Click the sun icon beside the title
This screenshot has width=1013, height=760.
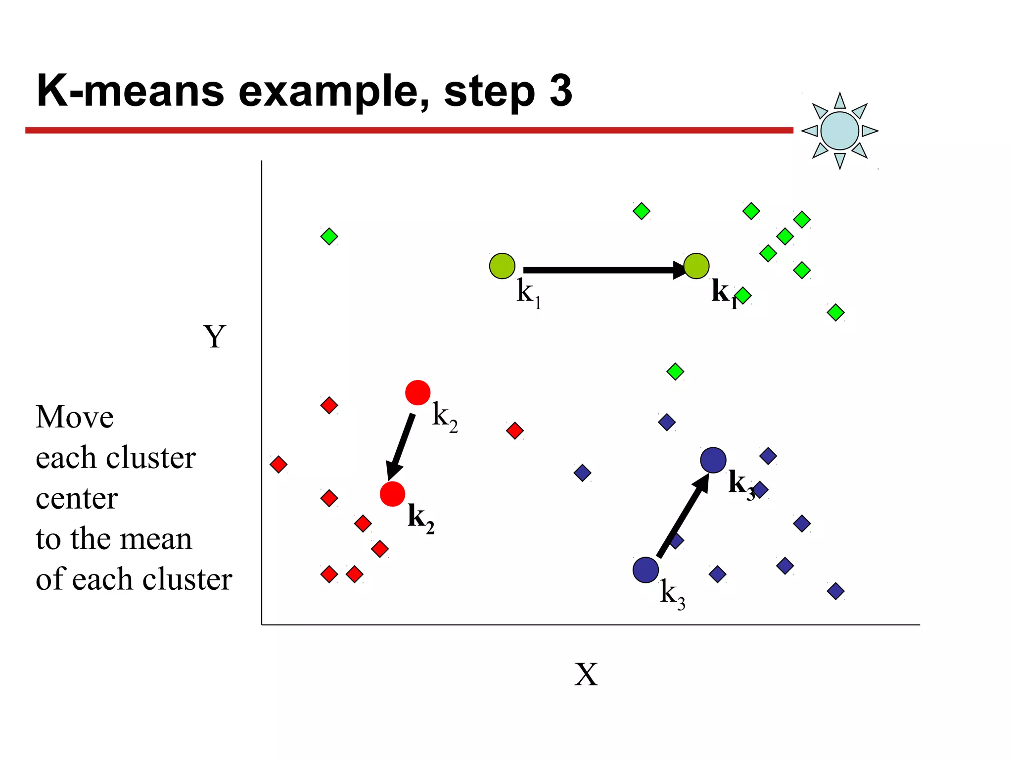(x=839, y=131)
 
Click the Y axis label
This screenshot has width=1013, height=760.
(x=215, y=337)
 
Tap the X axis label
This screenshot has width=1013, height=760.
(x=586, y=674)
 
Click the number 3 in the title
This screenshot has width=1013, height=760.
(x=560, y=91)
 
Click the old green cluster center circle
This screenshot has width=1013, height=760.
(x=502, y=266)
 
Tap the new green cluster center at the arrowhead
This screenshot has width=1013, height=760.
(x=696, y=266)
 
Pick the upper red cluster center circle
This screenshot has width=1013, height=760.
(x=417, y=393)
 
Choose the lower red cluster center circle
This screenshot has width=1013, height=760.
(x=392, y=494)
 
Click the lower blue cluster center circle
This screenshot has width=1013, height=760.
(x=645, y=570)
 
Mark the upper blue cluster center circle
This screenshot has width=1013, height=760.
(x=713, y=460)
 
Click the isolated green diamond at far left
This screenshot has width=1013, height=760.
(x=329, y=237)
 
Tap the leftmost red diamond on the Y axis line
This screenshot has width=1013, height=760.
(x=278, y=464)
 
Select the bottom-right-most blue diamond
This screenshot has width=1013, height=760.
(x=835, y=591)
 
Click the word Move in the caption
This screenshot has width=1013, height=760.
(x=75, y=417)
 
